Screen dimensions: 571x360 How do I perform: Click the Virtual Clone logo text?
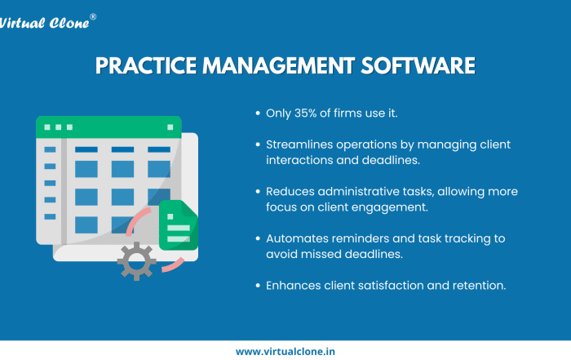(44, 23)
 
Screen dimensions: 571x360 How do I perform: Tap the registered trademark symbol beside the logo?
(93, 17)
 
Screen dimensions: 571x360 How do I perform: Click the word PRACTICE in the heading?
(146, 65)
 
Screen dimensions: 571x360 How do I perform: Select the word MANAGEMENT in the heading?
(279, 65)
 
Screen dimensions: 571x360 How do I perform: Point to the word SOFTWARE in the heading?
(418, 65)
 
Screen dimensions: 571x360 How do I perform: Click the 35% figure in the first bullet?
(306, 113)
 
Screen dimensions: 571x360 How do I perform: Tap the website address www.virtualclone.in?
(285, 352)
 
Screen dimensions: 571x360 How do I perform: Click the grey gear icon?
(136, 261)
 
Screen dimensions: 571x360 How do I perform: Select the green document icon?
(179, 224)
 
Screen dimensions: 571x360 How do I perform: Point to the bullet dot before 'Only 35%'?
(258, 113)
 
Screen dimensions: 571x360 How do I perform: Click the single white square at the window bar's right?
(170, 127)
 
